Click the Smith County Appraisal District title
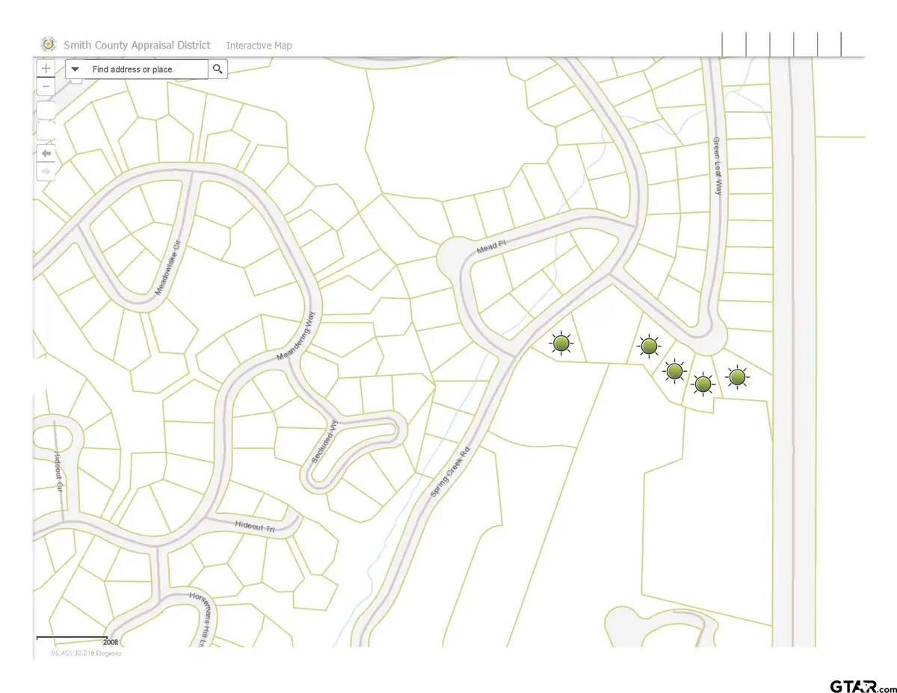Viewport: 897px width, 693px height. pyautogui.click(x=137, y=46)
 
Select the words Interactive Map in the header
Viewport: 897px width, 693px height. pyautogui.click(x=259, y=46)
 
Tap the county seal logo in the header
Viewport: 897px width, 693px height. pyautogui.click(x=48, y=45)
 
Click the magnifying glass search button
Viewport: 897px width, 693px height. pyautogui.click(x=218, y=69)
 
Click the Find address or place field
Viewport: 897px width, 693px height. pyautogui.click(x=142, y=69)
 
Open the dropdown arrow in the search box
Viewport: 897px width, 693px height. pyautogui.click(x=75, y=69)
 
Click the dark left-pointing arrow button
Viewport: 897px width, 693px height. pyautogui.click(x=46, y=153)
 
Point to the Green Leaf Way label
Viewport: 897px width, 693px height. pyautogui.click(x=718, y=166)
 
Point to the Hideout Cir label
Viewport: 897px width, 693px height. pyautogui.click(x=58, y=470)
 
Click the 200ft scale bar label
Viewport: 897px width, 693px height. pyautogui.click(x=111, y=641)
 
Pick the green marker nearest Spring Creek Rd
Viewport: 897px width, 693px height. pyautogui.click(x=561, y=343)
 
